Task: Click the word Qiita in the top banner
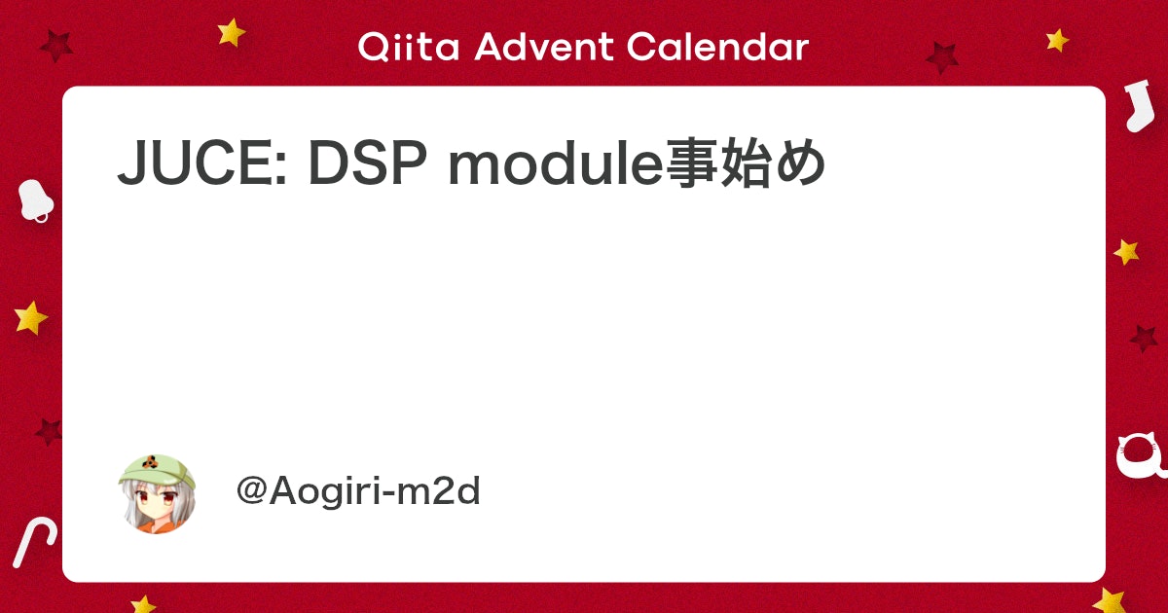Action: pos(409,47)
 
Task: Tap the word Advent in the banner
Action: pos(544,47)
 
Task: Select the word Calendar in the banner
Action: pos(718,47)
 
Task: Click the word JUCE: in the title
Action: pos(202,162)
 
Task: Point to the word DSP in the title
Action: pos(368,162)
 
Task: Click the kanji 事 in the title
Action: pos(692,162)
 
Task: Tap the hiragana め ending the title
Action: pos(799,162)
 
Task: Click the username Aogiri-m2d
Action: pos(375,491)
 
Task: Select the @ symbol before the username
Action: pos(252,490)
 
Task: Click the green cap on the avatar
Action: pos(156,469)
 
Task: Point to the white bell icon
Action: pos(35,200)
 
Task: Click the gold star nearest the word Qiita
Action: pos(231,32)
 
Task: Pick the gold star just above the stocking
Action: pos(1057,40)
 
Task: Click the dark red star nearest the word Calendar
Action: pos(942,57)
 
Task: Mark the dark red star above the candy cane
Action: pos(49,431)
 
